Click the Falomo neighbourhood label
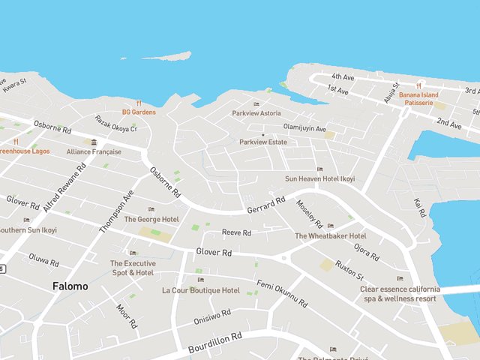pos(70,286)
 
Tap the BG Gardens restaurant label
pos(139,112)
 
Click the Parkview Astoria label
pos(256,113)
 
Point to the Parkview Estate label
pos(263,142)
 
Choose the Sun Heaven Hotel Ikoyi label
pos(319,179)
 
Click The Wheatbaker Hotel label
pos(330,235)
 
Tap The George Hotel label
pos(151,219)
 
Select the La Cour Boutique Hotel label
pos(201,290)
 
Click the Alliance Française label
pos(94,151)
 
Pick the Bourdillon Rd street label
pos(215,342)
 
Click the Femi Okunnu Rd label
pos(282,294)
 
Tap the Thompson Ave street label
pos(115,210)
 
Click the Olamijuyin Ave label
pos(304,128)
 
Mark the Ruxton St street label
pos(349,269)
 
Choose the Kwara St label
pos(13,86)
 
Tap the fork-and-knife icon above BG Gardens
pos(139,103)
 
